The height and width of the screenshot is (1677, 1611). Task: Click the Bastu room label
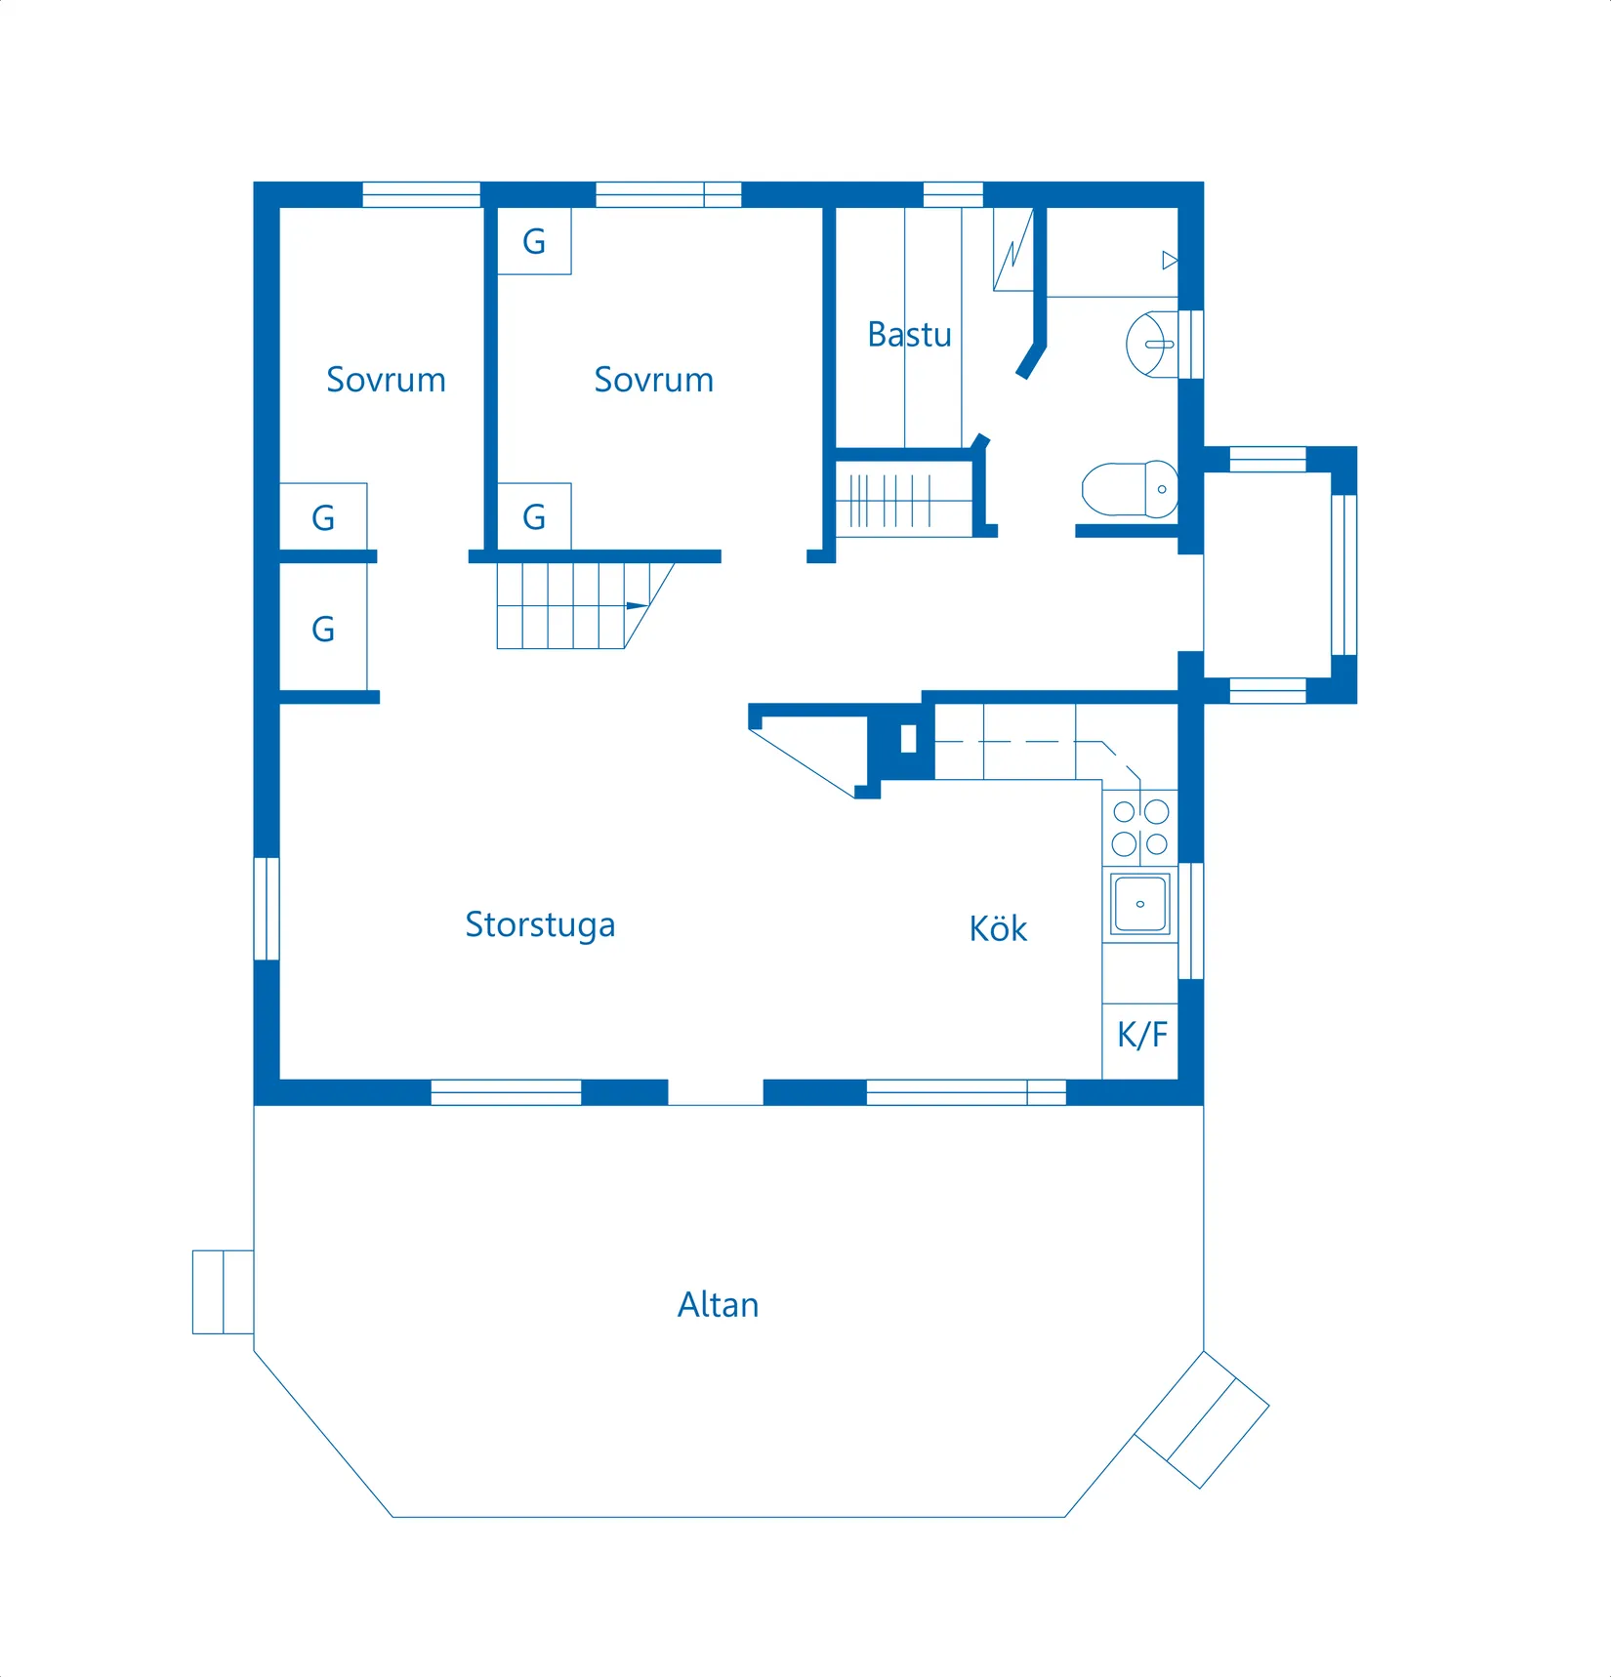[909, 335]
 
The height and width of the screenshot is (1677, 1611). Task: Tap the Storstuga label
[540, 924]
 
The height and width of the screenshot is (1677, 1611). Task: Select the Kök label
[998, 928]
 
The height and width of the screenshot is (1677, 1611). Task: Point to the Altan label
[718, 1305]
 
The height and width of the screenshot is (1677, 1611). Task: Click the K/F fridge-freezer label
[1141, 1035]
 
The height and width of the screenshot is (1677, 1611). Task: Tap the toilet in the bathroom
[1130, 488]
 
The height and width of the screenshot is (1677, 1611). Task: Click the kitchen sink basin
[1139, 903]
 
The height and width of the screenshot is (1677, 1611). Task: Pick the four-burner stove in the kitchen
[1140, 828]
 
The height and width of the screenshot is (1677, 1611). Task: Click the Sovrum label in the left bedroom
[386, 380]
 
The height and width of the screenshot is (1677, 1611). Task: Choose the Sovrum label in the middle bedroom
[653, 380]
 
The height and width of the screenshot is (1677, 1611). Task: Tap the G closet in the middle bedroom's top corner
[534, 241]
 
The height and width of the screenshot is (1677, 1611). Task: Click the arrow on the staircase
[637, 606]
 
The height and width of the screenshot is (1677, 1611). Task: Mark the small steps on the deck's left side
[223, 1291]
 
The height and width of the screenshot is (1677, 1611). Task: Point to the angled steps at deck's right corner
[1202, 1419]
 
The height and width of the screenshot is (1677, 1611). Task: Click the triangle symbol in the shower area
[1170, 261]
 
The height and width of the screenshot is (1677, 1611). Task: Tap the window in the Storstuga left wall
[267, 909]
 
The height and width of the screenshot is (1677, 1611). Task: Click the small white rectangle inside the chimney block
[908, 739]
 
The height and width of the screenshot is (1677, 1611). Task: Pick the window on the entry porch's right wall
[1344, 575]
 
